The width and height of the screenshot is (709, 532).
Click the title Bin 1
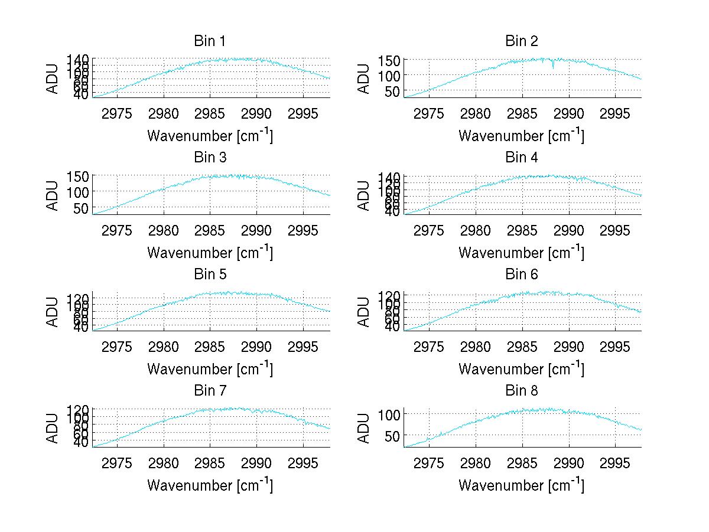[x=210, y=41]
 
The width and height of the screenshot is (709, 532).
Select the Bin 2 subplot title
[x=522, y=41]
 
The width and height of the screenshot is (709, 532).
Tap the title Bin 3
[x=210, y=158]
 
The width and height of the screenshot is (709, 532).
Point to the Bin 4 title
[x=522, y=158]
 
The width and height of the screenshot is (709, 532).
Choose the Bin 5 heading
[x=210, y=275]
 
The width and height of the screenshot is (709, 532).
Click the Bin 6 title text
[x=522, y=275]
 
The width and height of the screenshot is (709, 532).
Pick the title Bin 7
[x=210, y=391]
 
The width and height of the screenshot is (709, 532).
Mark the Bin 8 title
[x=522, y=391]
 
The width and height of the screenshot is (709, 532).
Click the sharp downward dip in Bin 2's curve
[x=553, y=67]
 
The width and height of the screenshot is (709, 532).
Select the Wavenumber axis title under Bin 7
[x=210, y=485]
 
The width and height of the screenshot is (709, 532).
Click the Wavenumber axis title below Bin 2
[x=522, y=135]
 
